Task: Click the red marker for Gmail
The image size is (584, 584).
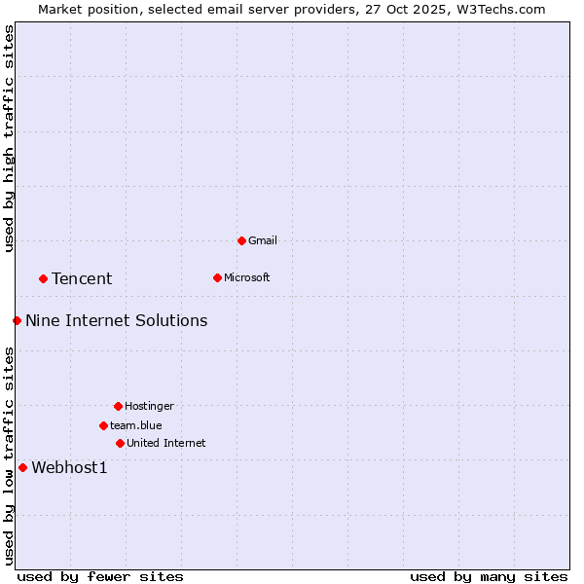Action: tap(241, 240)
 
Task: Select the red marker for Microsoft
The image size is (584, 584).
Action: tap(217, 277)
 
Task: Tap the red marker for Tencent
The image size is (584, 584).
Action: tap(43, 278)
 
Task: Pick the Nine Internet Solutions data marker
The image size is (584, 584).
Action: tap(17, 320)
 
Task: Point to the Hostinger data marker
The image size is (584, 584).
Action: tap(118, 406)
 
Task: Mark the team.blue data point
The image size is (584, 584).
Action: tap(103, 425)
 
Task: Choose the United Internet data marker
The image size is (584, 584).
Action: tap(120, 443)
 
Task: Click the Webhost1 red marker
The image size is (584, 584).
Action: tap(22, 467)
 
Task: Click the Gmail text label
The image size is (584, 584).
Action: tap(263, 240)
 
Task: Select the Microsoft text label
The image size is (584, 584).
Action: tap(247, 277)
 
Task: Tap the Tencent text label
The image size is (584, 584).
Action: tap(82, 278)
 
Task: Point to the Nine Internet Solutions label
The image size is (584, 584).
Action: tap(116, 320)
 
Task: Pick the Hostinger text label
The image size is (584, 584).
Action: tap(149, 406)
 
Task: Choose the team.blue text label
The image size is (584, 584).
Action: tap(136, 425)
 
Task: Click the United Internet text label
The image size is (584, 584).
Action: tap(166, 443)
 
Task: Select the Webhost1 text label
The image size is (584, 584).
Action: tap(69, 467)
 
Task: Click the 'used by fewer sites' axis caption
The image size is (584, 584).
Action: tap(100, 576)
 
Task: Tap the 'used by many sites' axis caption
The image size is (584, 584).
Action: tap(489, 576)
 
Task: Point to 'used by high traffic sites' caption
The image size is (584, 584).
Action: tap(9, 138)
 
